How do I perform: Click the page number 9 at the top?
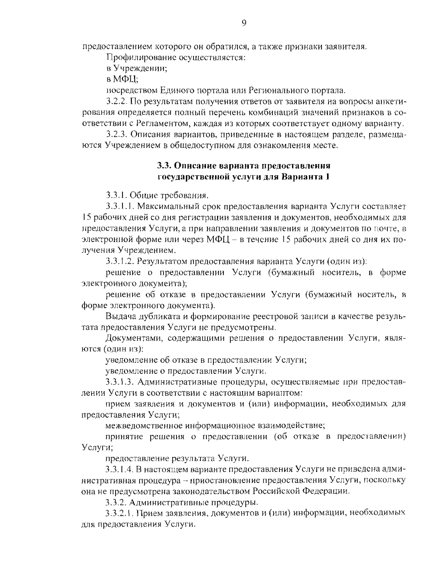tap(244, 23)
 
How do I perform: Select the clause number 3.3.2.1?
tap(120, 513)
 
